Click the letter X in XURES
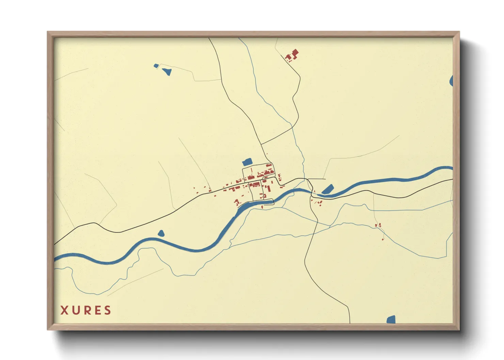pos(64,310)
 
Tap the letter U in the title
pos(75,310)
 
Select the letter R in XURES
pos(86,310)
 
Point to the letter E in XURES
pos(97,310)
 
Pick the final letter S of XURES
pos(108,310)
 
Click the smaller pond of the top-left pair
pos(156,66)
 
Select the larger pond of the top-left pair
pos(167,71)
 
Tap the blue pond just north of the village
pos(247,162)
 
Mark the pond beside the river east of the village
pos(328,189)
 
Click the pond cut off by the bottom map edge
pos(391,320)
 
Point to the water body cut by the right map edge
pos(451,81)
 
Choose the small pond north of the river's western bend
pos(161,233)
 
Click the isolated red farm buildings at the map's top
pos(292,55)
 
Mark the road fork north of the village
pos(261,144)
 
